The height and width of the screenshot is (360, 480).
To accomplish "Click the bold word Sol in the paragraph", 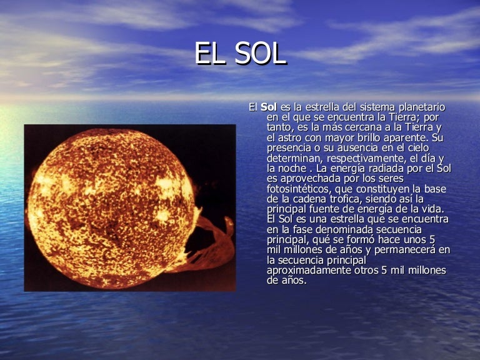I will click(x=268, y=107).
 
